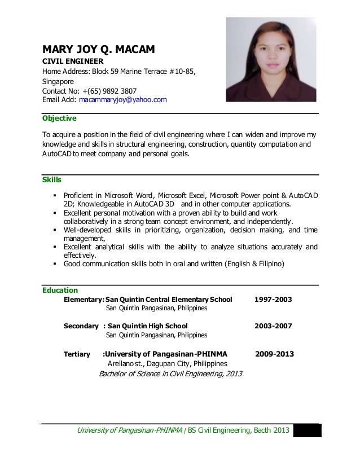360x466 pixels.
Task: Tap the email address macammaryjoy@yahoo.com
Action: click(x=123, y=100)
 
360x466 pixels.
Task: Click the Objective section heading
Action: click(x=60, y=118)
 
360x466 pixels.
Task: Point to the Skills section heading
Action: click(x=52, y=180)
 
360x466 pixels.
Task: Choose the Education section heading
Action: click(x=60, y=291)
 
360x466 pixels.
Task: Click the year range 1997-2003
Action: click(x=273, y=299)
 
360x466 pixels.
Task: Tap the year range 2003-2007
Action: click(x=273, y=326)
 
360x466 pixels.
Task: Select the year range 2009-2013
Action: click(x=274, y=354)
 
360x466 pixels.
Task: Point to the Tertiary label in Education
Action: click(x=77, y=354)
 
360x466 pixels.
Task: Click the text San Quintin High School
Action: click(x=147, y=326)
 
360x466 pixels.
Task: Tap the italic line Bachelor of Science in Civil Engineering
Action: click(x=170, y=373)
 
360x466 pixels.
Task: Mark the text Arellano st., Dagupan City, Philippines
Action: click(x=167, y=364)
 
